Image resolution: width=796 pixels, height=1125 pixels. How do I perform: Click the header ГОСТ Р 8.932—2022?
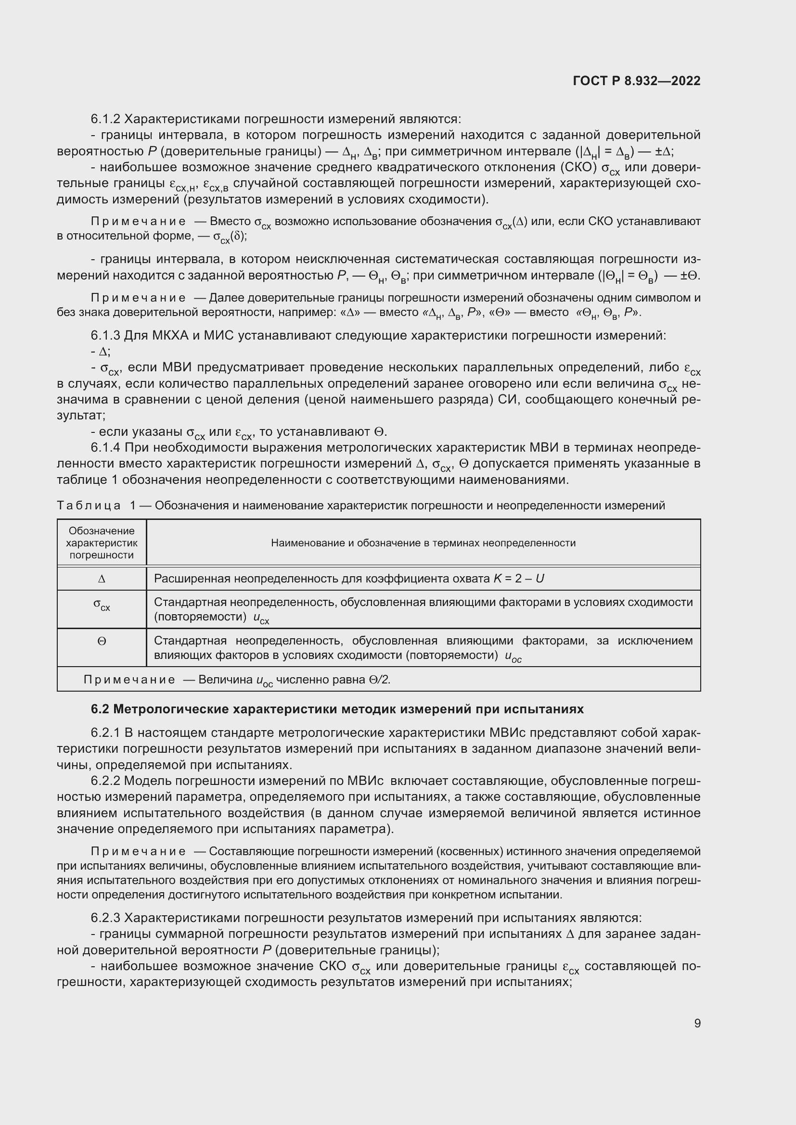[636, 81]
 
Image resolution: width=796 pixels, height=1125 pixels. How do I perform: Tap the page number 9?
[697, 1023]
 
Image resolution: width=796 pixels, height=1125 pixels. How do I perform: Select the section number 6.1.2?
[105, 119]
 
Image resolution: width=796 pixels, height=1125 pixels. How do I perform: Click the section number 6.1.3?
[105, 336]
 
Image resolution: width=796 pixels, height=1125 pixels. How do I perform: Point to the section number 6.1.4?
[105, 447]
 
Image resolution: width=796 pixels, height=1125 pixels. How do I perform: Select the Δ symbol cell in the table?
[102, 579]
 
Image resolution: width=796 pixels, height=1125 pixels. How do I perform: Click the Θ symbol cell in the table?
[102, 641]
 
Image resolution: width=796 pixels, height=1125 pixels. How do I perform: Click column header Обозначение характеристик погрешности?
[102, 543]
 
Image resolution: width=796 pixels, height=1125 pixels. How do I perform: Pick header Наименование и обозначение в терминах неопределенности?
[423, 543]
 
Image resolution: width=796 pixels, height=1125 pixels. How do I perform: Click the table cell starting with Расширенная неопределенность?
[348, 579]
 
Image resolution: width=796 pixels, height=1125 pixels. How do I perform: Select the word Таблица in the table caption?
[89, 505]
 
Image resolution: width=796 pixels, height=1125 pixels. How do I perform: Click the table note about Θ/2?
[237, 680]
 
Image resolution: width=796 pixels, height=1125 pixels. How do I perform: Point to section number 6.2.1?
[105, 733]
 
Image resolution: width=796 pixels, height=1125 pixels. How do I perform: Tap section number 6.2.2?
[105, 781]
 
